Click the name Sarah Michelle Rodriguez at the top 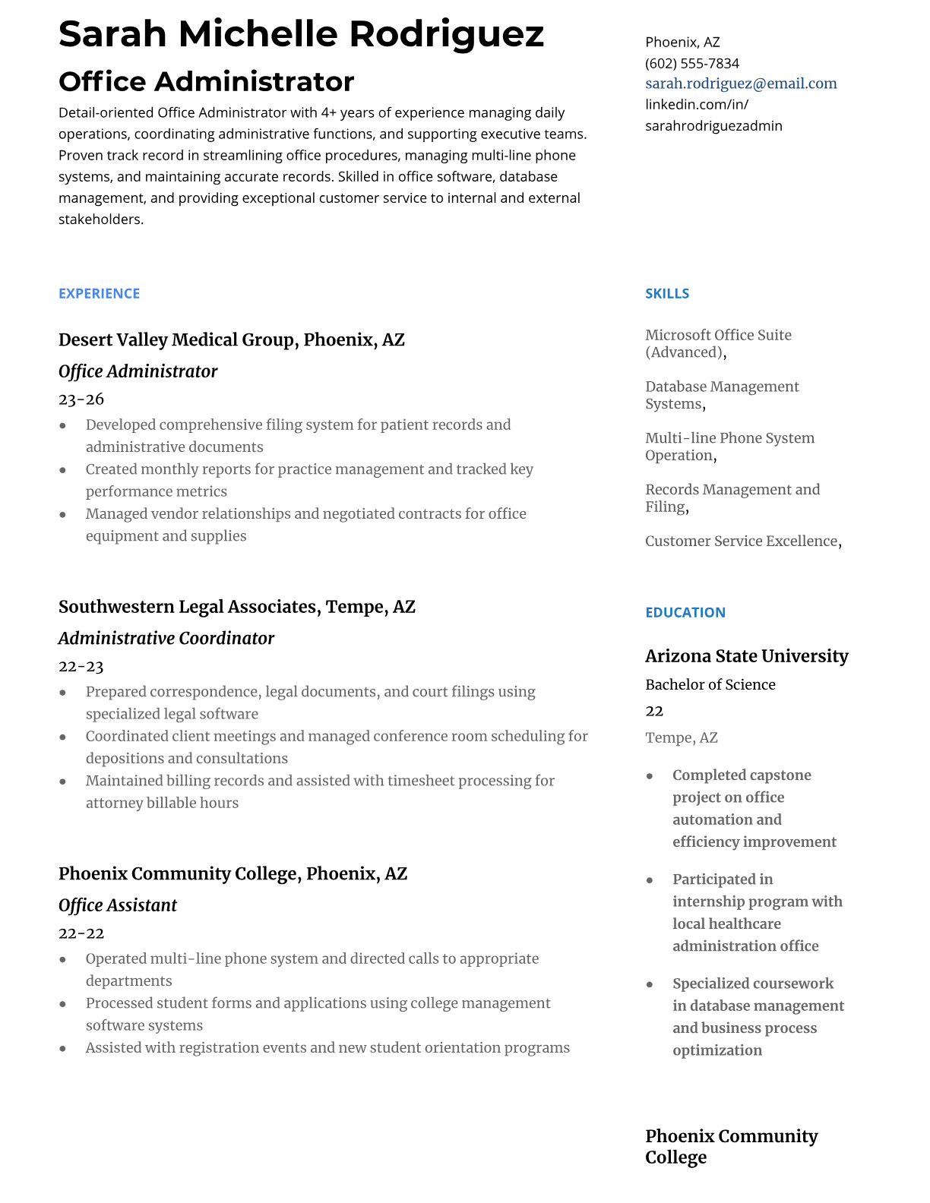click(x=301, y=34)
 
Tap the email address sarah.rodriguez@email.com click(x=741, y=84)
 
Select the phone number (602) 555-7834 click(x=691, y=63)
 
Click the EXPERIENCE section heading click(x=99, y=293)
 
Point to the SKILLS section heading click(x=666, y=293)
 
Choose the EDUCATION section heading click(x=685, y=612)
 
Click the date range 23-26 click(x=81, y=399)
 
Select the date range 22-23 click(x=81, y=666)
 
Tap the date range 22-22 click(x=81, y=933)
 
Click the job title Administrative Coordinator click(x=166, y=638)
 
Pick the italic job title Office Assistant click(x=118, y=905)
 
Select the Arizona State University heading click(x=746, y=655)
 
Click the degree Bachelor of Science click(x=710, y=684)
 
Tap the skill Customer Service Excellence click(x=741, y=541)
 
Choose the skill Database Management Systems click(x=721, y=395)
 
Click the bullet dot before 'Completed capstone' click(x=650, y=775)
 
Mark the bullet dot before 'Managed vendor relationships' click(x=63, y=514)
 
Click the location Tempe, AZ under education click(x=681, y=737)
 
